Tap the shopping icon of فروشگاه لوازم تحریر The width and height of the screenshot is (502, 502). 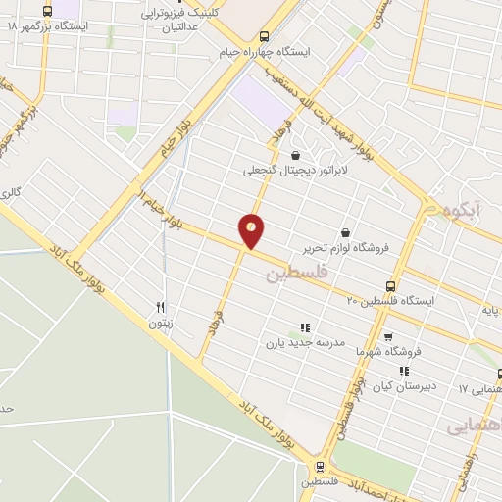(345, 232)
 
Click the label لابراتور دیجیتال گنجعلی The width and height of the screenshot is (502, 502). (295, 170)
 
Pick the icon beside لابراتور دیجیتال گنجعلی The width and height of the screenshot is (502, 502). (295, 154)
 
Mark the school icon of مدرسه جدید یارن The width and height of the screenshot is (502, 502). (304, 327)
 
